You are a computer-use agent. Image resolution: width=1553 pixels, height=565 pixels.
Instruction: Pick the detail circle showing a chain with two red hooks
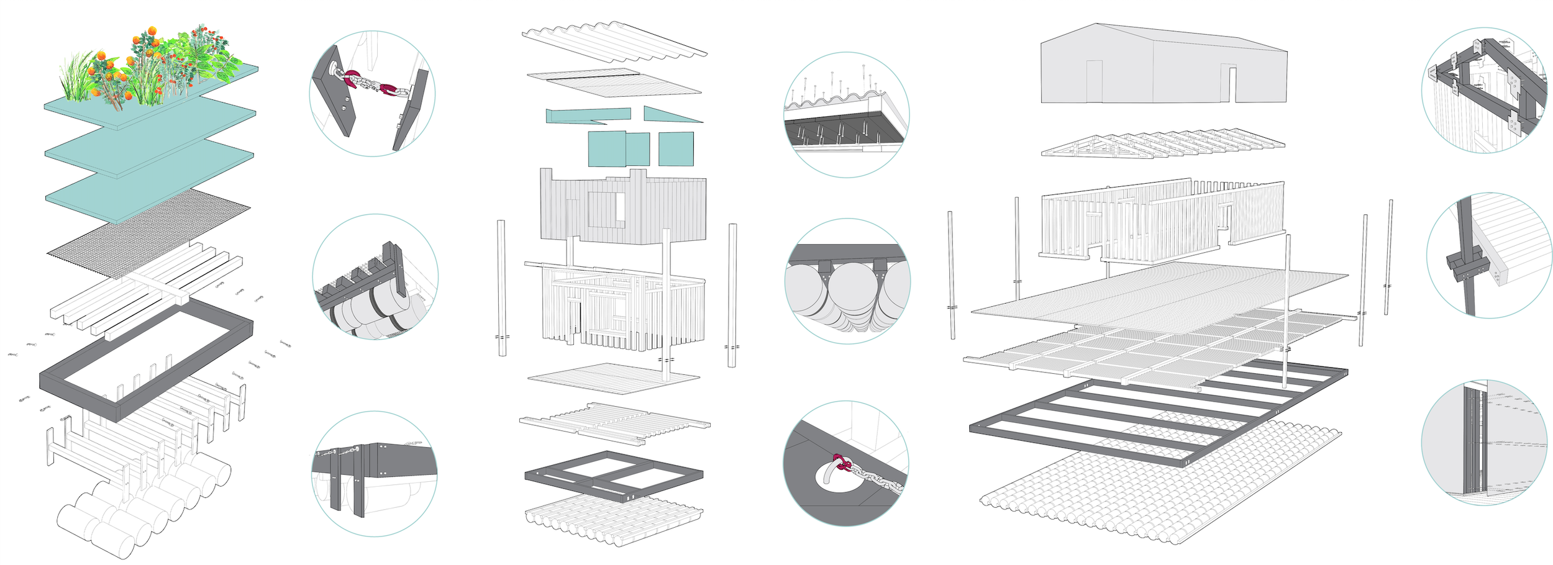click(372, 93)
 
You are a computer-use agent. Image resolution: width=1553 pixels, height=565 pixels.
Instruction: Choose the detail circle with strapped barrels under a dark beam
click(375, 277)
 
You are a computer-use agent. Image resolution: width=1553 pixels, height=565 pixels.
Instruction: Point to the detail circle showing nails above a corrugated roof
click(847, 114)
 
